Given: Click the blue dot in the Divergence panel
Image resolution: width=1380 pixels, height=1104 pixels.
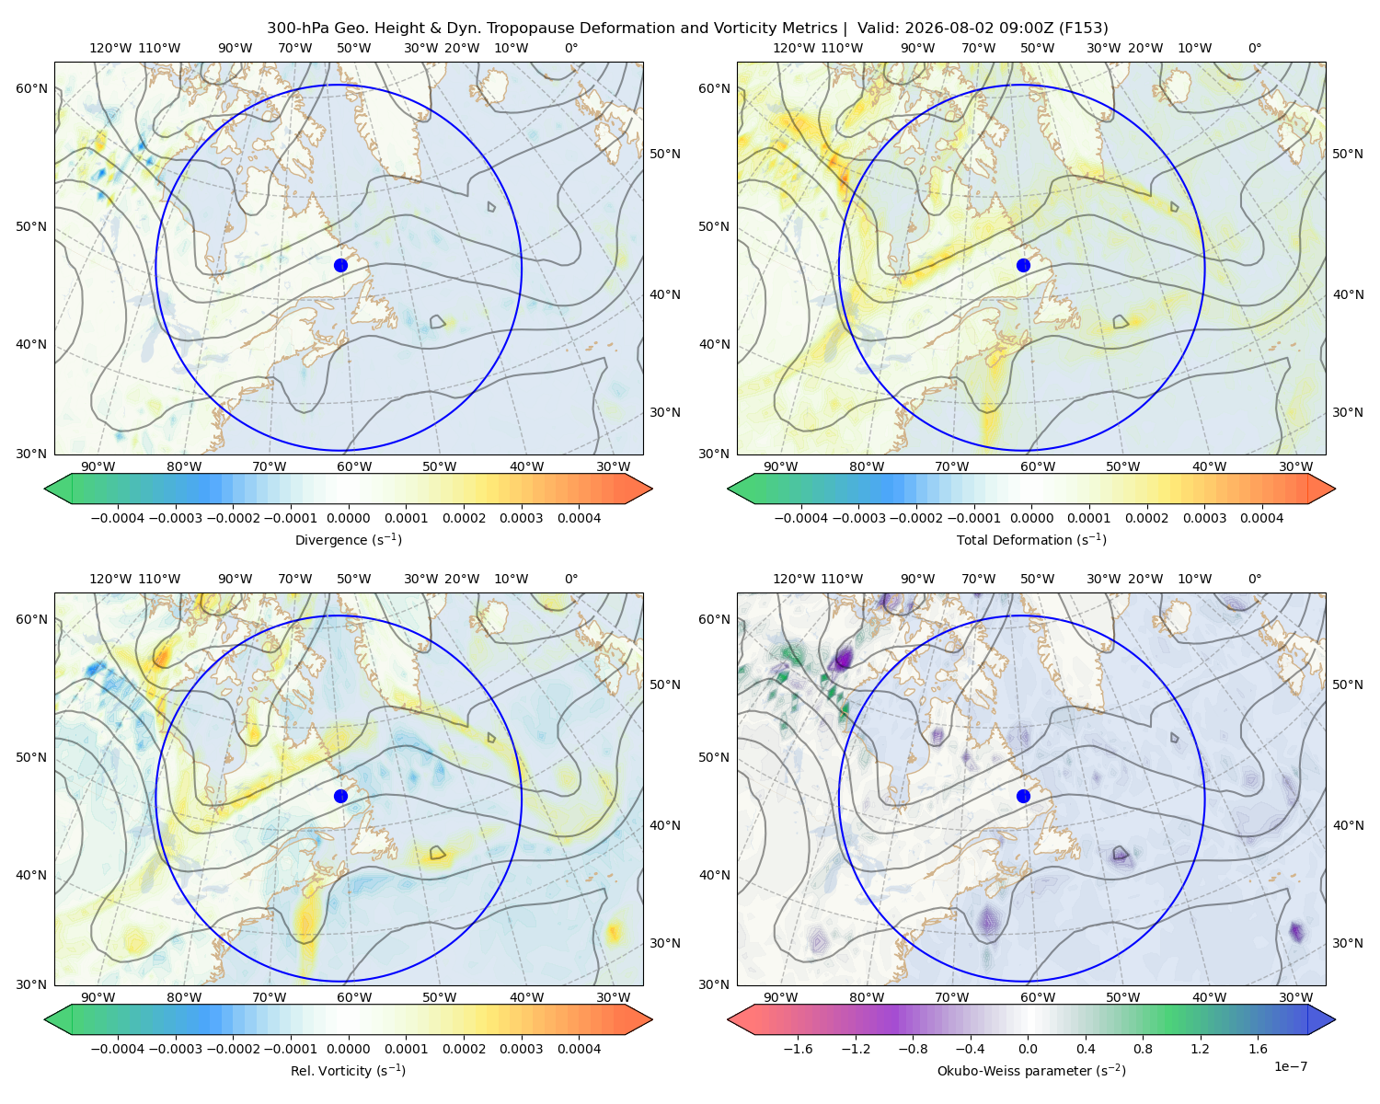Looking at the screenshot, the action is (340, 266).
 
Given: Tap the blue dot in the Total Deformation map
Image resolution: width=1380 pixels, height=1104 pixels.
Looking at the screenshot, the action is (1023, 266).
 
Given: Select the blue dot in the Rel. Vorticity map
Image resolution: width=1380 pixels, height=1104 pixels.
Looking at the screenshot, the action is (340, 796).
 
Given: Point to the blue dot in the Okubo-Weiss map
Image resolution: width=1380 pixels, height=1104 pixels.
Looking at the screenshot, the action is (1023, 796).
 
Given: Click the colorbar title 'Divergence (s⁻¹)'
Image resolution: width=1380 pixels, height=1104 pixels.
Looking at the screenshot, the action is (348, 539).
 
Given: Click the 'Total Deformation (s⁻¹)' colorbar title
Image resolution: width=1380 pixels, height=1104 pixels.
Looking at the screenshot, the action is (1031, 539).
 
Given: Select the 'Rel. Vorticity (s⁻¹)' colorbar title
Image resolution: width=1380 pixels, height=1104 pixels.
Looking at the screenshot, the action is (348, 1070).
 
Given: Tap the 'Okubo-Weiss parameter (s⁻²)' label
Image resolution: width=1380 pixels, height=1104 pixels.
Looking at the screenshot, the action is (1031, 1070).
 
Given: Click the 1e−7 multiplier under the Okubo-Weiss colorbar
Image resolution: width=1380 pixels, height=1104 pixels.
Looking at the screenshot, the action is (1290, 1066).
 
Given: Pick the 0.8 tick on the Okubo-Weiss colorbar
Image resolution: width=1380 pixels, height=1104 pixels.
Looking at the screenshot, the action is (1143, 1049).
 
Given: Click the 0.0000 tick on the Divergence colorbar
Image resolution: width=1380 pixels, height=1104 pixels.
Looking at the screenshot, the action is (348, 518).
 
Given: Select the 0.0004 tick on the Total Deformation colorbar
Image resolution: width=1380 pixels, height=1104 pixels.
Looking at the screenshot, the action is (1261, 518).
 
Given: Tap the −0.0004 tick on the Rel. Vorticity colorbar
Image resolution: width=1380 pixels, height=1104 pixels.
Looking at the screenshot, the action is (118, 1049).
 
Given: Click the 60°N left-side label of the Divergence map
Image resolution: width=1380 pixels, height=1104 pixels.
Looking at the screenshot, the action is (31, 88).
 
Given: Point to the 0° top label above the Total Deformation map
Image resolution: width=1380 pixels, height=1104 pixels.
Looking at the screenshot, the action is (1254, 48).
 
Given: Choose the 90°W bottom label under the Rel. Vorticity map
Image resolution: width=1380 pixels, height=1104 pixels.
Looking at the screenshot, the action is (98, 997).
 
